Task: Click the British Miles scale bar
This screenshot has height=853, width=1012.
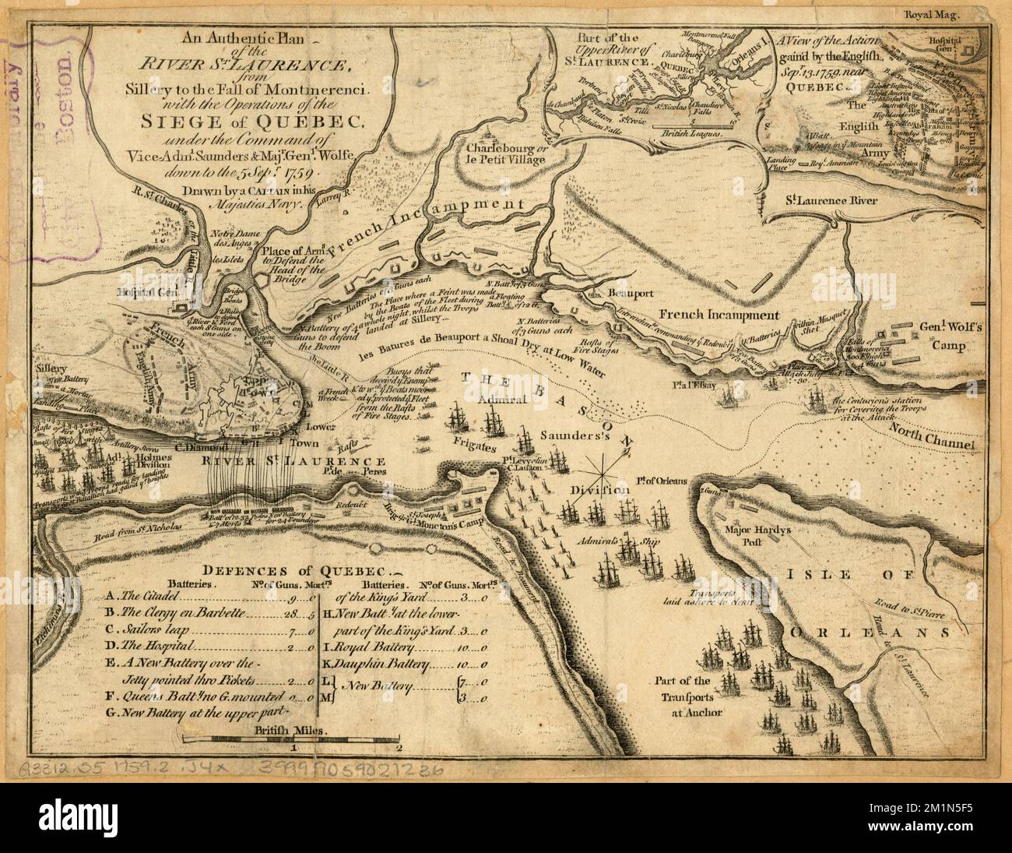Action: click(290, 743)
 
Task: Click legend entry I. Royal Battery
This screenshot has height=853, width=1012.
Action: click(374, 647)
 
